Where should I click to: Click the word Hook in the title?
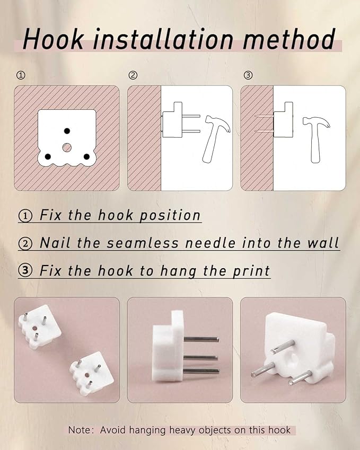pos(54,39)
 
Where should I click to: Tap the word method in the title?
pos(289,39)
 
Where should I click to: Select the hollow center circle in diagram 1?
pos(67,147)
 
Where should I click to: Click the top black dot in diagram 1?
pos(67,131)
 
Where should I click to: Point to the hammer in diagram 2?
pos(216,139)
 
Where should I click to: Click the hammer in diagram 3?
pos(316,139)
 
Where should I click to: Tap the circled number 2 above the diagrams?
pos(133,75)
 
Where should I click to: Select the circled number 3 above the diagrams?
pos(248,75)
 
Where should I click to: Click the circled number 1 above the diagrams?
pos(21,75)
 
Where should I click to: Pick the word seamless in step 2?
pos(143,243)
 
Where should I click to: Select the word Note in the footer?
pos(78,430)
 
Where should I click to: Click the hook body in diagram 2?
pos(172,120)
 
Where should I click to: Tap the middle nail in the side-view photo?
pos(200,358)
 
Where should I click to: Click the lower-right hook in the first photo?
pos(91,374)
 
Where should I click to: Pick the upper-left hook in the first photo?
pos(40,327)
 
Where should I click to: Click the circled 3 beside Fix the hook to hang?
pos(25,271)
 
